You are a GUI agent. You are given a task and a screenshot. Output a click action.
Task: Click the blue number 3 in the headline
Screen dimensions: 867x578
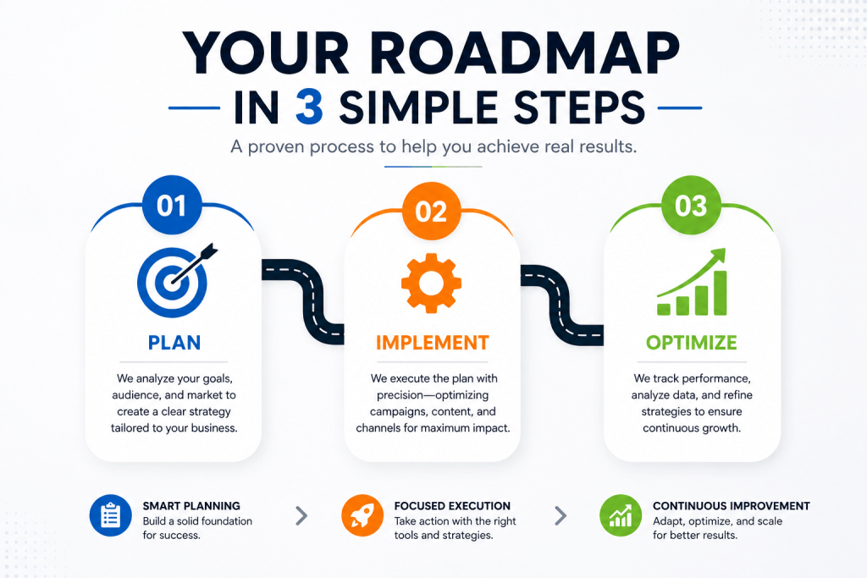309,107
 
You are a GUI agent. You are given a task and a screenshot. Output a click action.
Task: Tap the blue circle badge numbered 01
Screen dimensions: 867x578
172,205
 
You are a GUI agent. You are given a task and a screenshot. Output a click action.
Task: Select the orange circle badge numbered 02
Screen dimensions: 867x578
431,211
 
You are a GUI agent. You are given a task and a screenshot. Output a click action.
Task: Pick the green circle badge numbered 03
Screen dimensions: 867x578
691,206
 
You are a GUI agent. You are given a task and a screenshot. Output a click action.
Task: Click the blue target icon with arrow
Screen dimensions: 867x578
176,281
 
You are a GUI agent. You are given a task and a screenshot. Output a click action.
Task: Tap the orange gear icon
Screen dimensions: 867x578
431,283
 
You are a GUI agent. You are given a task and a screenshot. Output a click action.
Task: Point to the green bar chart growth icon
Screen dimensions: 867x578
692,282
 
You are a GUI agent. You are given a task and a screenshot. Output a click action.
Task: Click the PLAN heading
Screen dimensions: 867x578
174,343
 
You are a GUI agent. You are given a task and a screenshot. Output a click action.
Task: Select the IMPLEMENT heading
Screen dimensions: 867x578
433,343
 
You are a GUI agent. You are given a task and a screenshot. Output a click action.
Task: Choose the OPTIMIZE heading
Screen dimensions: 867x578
691,343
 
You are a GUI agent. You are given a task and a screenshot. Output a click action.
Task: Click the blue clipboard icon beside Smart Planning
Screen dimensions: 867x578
111,515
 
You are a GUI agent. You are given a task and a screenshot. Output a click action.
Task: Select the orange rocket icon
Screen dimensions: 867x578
362,515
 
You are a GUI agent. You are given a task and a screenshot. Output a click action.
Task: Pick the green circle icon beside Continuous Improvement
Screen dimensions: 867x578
621,515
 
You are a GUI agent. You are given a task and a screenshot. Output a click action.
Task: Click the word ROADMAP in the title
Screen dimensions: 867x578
524,53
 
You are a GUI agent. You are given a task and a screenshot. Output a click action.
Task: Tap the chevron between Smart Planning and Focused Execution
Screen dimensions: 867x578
301,515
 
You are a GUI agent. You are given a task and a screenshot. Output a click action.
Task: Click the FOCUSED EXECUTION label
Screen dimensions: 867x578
452,505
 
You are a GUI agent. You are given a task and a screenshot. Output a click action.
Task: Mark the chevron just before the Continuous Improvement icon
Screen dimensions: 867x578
561,515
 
